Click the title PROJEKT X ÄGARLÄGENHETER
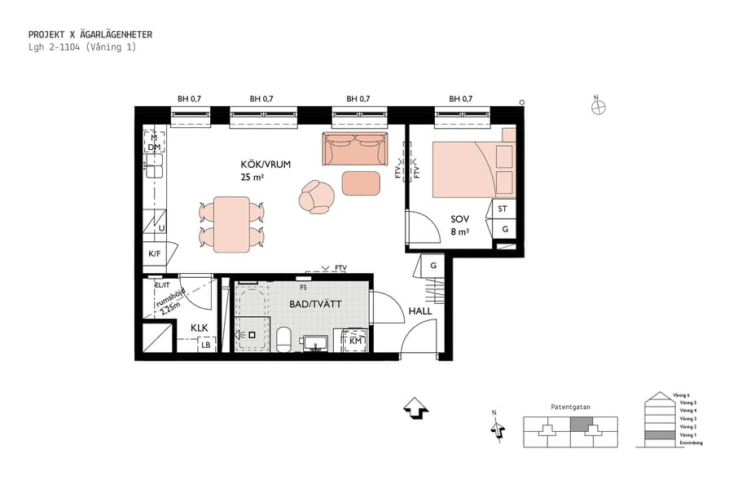[90, 34]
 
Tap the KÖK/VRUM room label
[266, 164]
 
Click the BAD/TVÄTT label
[314, 304]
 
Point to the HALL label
[420, 311]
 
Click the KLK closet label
[200, 328]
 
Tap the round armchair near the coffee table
[316, 196]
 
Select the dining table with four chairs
[232, 224]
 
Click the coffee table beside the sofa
[361, 183]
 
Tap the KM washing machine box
[355, 341]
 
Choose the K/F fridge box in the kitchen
[154, 253]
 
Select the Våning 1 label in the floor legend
[688, 435]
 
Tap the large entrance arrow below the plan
[416, 407]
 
